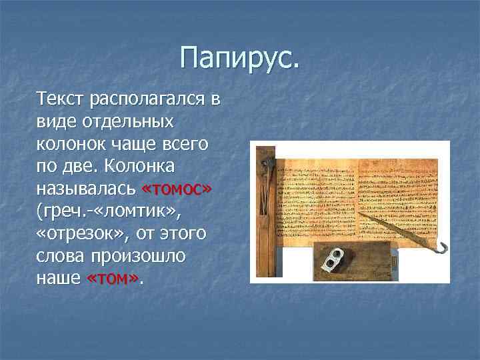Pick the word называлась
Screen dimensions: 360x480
tap(87, 189)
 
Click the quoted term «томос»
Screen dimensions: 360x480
tap(177, 189)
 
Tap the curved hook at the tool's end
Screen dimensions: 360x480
tap(441, 248)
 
